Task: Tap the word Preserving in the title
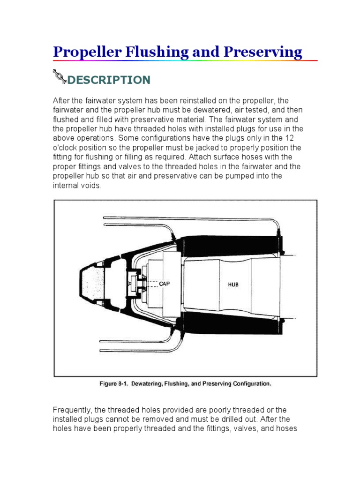pyautogui.click(x=265, y=52)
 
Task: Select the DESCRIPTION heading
pyautogui.click(x=109, y=80)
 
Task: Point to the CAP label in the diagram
pyautogui.click(x=165, y=284)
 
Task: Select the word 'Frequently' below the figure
pyautogui.click(x=71, y=410)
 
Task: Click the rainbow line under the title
pyautogui.click(x=185, y=61)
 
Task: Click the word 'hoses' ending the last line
pyautogui.click(x=287, y=428)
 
